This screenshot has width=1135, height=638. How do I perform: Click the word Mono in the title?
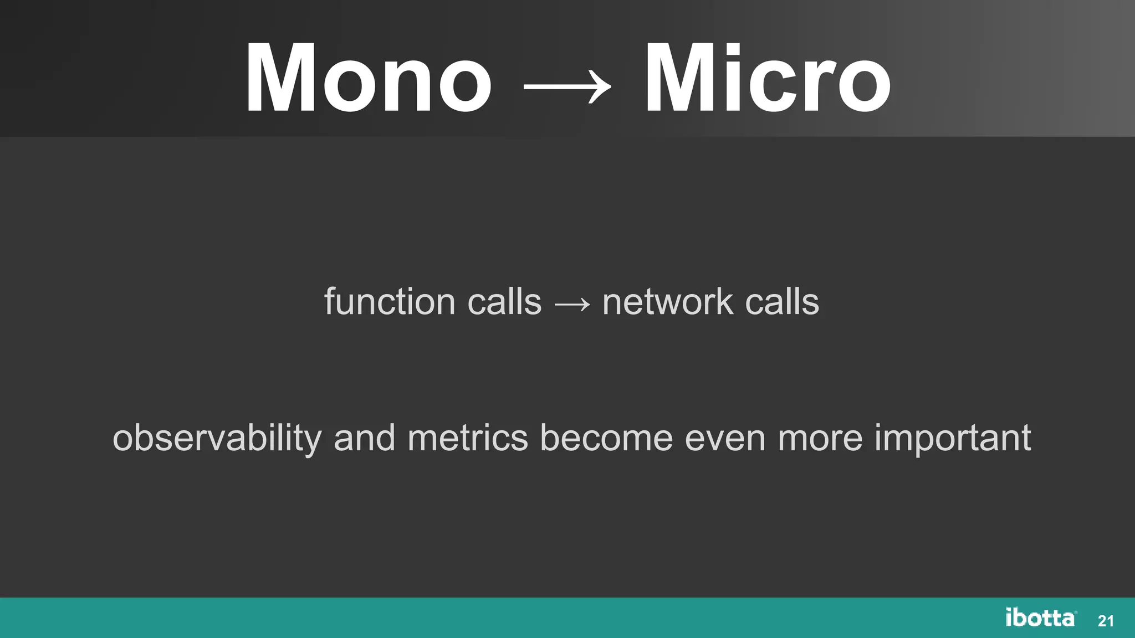point(369,79)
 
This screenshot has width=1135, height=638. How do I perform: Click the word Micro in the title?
point(768,79)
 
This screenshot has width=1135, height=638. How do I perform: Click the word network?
point(667,302)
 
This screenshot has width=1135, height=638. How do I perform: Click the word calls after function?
point(504,302)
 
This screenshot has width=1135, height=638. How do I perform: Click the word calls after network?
point(782,302)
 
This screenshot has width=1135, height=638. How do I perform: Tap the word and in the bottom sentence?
point(364,438)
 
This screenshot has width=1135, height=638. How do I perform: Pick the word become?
point(606,438)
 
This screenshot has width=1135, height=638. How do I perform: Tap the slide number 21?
point(1106,621)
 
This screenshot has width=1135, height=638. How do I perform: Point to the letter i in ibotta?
point(1010,617)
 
